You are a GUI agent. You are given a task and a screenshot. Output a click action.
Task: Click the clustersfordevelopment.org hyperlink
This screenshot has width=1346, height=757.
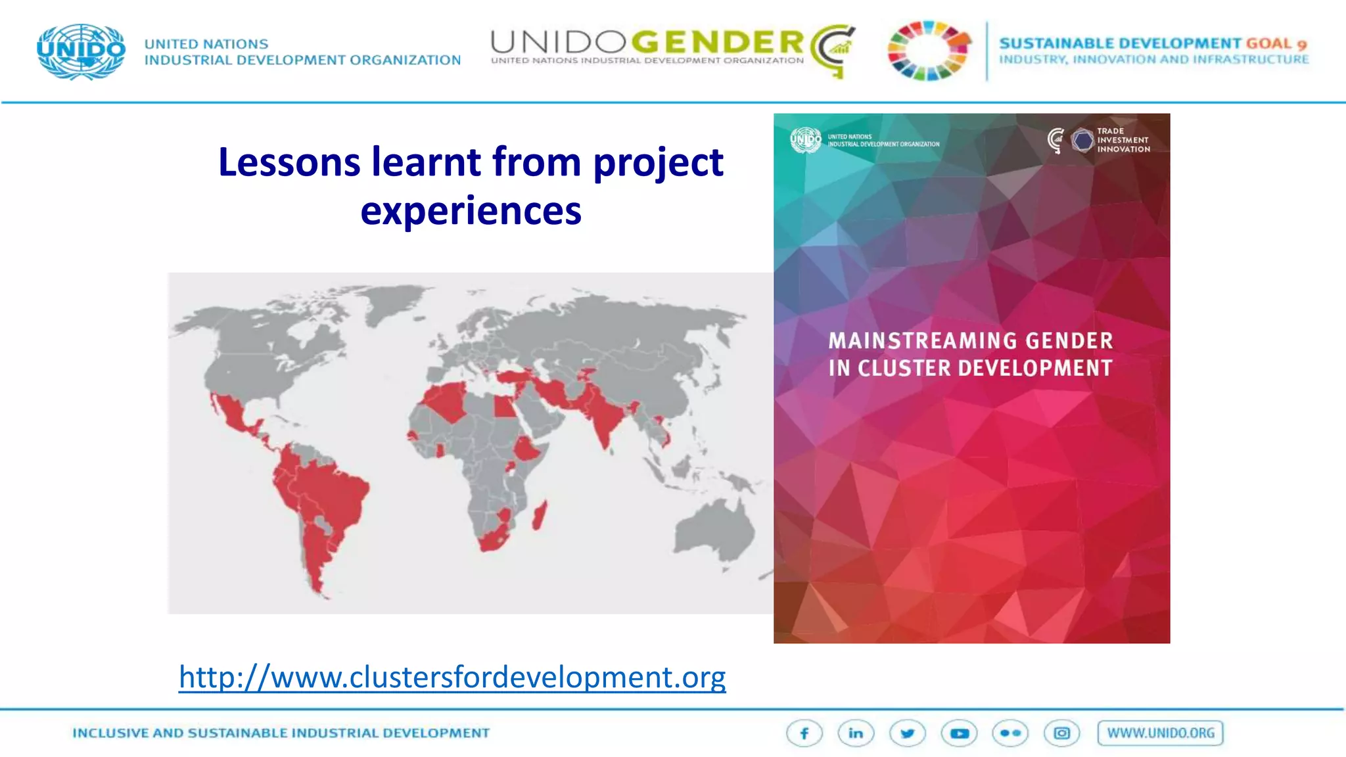[x=452, y=677]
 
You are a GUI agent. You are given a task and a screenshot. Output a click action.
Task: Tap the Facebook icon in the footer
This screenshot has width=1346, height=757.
[x=804, y=733]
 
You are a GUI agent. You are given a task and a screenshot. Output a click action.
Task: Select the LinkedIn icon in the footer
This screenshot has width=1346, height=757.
[x=856, y=733]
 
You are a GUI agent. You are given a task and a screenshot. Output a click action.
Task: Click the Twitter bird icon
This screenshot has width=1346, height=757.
[x=908, y=733]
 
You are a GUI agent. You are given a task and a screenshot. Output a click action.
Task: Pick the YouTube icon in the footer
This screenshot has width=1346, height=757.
[x=959, y=733]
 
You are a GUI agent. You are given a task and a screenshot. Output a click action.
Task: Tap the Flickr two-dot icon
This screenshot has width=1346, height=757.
[x=1010, y=733]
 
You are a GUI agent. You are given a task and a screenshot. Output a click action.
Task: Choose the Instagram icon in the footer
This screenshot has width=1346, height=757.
[x=1061, y=733]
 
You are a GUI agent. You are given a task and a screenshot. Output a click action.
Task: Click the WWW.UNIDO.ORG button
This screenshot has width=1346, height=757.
[x=1160, y=733]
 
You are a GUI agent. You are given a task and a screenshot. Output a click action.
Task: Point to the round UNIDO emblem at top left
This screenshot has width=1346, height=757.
[x=81, y=51]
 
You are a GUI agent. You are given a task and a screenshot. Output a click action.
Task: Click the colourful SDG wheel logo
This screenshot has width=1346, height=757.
[x=929, y=51]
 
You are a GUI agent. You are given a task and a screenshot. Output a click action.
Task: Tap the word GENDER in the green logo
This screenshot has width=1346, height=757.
[x=718, y=43]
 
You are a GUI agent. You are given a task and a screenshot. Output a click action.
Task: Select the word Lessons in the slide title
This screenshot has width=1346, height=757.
[x=289, y=162]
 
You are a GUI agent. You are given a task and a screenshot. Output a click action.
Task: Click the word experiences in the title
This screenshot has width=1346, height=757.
[x=471, y=211]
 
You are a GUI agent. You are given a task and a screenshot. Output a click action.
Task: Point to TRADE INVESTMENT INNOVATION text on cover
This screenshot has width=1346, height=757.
[x=1123, y=140]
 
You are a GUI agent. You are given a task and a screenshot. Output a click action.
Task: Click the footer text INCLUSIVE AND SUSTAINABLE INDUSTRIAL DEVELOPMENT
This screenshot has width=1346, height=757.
[x=281, y=733]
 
